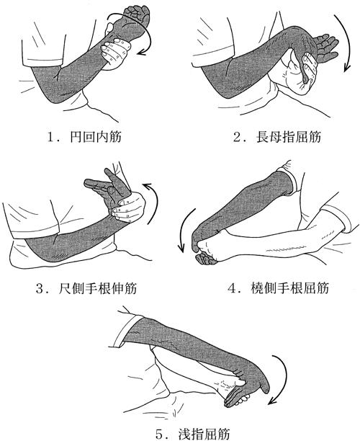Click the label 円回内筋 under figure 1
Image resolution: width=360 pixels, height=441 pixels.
click(x=96, y=137)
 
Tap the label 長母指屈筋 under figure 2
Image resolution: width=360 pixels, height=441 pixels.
click(x=288, y=138)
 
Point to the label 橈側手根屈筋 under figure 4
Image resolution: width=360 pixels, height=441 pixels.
click(x=289, y=288)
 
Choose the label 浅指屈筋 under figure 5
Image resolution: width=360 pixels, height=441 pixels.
click(x=204, y=434)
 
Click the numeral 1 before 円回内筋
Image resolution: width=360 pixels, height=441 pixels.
click(x=51, y=137)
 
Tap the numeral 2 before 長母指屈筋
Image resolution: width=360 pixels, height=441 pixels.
click(x=237, y=138)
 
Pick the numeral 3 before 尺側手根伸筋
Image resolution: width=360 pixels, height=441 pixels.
click(x=40, y=288)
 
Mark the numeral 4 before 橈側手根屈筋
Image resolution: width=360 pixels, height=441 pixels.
click(x=232, y=288)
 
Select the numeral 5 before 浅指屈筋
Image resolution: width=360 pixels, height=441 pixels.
click(x=159, y=435)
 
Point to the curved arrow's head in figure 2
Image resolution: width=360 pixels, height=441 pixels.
click(x=347, y=68)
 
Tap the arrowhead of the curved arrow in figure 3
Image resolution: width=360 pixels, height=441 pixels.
click(x=147, y=186)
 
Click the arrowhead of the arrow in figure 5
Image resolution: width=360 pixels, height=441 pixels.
click(x=271, y=401)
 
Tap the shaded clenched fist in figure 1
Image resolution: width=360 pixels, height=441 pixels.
click(x=137, y=14)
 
